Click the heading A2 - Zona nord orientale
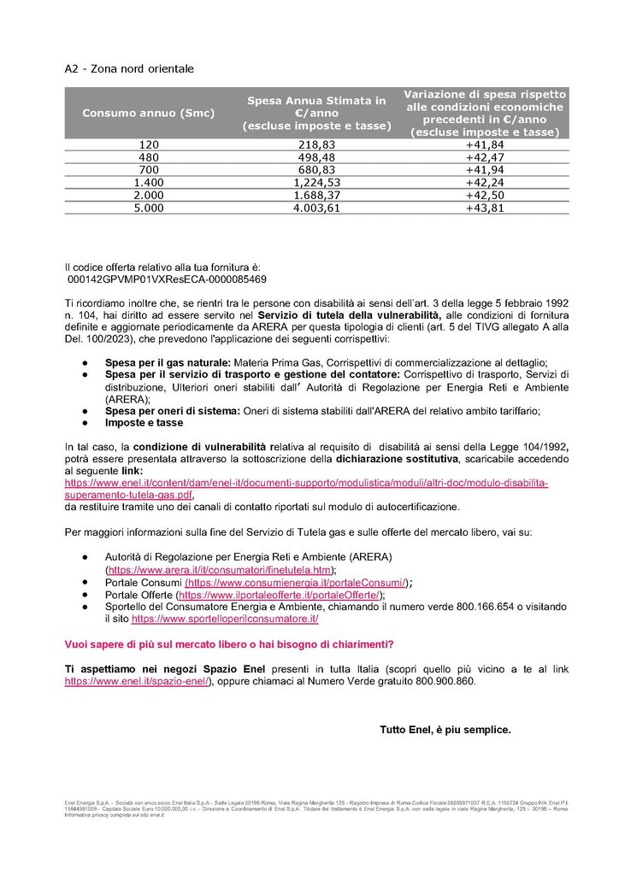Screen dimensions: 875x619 point(129,68)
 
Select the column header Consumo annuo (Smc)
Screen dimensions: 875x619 point(149,113)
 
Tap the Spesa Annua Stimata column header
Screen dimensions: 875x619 point(316,113)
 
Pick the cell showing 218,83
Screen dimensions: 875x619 point(316,145)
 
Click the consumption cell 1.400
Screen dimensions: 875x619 point(149,181)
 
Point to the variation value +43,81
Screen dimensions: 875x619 point(484,206)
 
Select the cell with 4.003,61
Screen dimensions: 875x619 point(316,206)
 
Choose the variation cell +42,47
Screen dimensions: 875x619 point(484,157)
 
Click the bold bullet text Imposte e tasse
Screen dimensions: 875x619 point(144,422)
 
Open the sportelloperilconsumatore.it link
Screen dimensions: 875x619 point(225,618)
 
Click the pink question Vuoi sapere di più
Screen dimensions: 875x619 point(229,643)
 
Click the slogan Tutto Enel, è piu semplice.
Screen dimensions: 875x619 point(445,730)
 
